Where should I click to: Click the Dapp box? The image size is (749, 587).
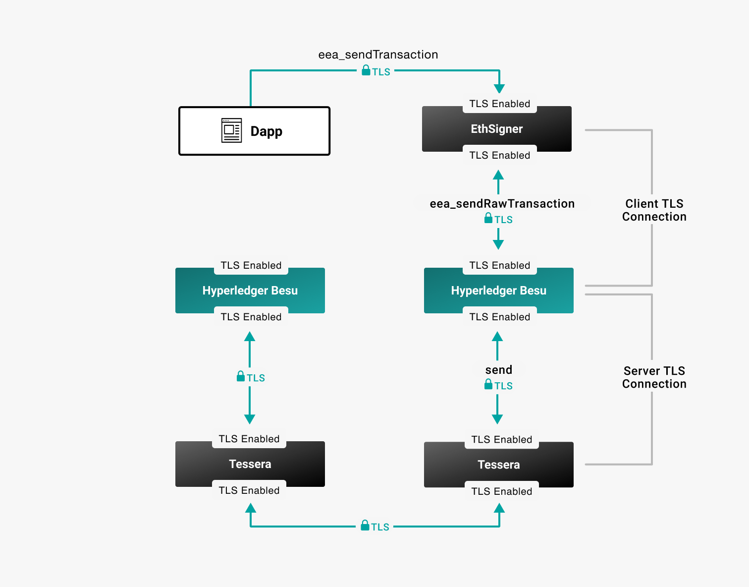coord(254,131)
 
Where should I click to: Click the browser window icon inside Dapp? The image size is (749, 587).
coord(231,130)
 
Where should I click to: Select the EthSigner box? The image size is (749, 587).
coord(497,129)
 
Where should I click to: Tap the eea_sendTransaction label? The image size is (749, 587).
coord(378,55)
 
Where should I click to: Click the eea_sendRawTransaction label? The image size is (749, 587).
coord(502,204)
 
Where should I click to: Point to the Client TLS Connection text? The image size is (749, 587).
coord(654,210)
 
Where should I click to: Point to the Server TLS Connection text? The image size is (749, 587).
coord(654,377)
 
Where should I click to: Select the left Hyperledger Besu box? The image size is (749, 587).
coord(250,291)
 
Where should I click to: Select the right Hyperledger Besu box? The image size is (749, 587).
coord(499,291)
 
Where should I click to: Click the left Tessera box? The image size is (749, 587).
coord(250,464)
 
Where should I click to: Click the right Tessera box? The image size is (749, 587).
coord(499,465)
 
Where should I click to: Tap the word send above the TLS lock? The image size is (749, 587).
coord(498,370)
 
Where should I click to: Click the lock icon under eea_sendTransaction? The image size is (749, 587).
coord(366,70)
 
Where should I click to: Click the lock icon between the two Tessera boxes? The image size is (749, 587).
coord(365,526)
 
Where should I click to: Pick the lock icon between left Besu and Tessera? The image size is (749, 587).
coord(241,376)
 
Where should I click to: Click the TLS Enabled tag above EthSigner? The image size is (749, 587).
coord(499,104)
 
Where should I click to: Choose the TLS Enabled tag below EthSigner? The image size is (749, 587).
coord(499,155)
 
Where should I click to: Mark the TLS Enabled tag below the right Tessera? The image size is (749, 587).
coord(501,491)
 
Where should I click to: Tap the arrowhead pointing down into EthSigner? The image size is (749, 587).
coord(499,88)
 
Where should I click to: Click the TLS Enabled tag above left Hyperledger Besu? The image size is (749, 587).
coord(251,265)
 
